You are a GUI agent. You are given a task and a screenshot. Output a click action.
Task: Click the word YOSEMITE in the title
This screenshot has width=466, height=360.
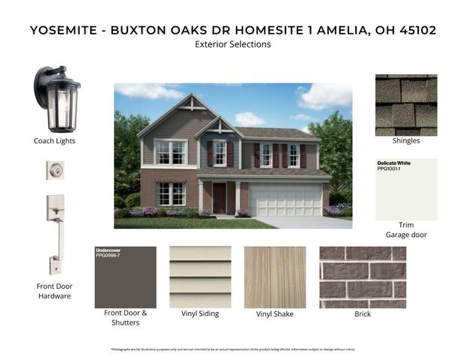[65, 30]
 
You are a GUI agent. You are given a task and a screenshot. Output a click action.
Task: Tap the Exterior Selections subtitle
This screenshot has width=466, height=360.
[232, 44]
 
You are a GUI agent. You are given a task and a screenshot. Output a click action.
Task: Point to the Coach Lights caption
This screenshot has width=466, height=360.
[55, 140]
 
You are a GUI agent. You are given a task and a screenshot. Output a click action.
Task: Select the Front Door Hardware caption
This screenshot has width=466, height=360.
[54, 290]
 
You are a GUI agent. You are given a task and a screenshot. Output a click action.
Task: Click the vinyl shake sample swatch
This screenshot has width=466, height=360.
[275, 277]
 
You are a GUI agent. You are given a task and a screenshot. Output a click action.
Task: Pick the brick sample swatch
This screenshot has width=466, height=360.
[363, 277]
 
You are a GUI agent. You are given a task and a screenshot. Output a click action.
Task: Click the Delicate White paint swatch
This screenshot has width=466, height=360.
[406, 189]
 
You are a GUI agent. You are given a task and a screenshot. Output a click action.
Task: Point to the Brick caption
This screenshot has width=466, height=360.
[363, 314]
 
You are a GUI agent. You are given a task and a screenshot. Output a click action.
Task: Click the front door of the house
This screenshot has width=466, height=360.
[220, 199]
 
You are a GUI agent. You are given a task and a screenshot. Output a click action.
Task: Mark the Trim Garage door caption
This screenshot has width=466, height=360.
[406, 229]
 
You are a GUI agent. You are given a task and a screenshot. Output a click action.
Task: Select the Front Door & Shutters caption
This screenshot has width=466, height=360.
[125, 317]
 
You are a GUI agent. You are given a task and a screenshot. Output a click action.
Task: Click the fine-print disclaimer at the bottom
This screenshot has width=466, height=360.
[232, 349]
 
